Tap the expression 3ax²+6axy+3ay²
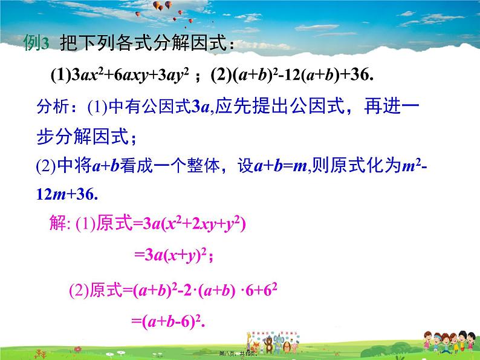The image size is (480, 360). click(132, 76)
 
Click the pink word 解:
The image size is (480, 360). click(59, 224)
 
